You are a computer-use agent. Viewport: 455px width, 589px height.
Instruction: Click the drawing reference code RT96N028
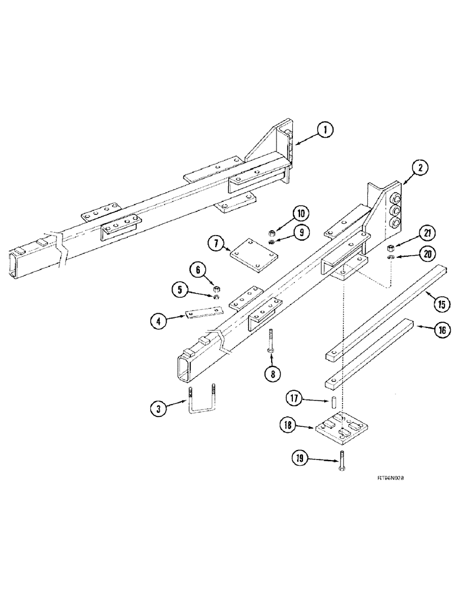click(x=387, y=479)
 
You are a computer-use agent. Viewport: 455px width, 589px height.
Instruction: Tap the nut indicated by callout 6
click(x=216, y=287)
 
